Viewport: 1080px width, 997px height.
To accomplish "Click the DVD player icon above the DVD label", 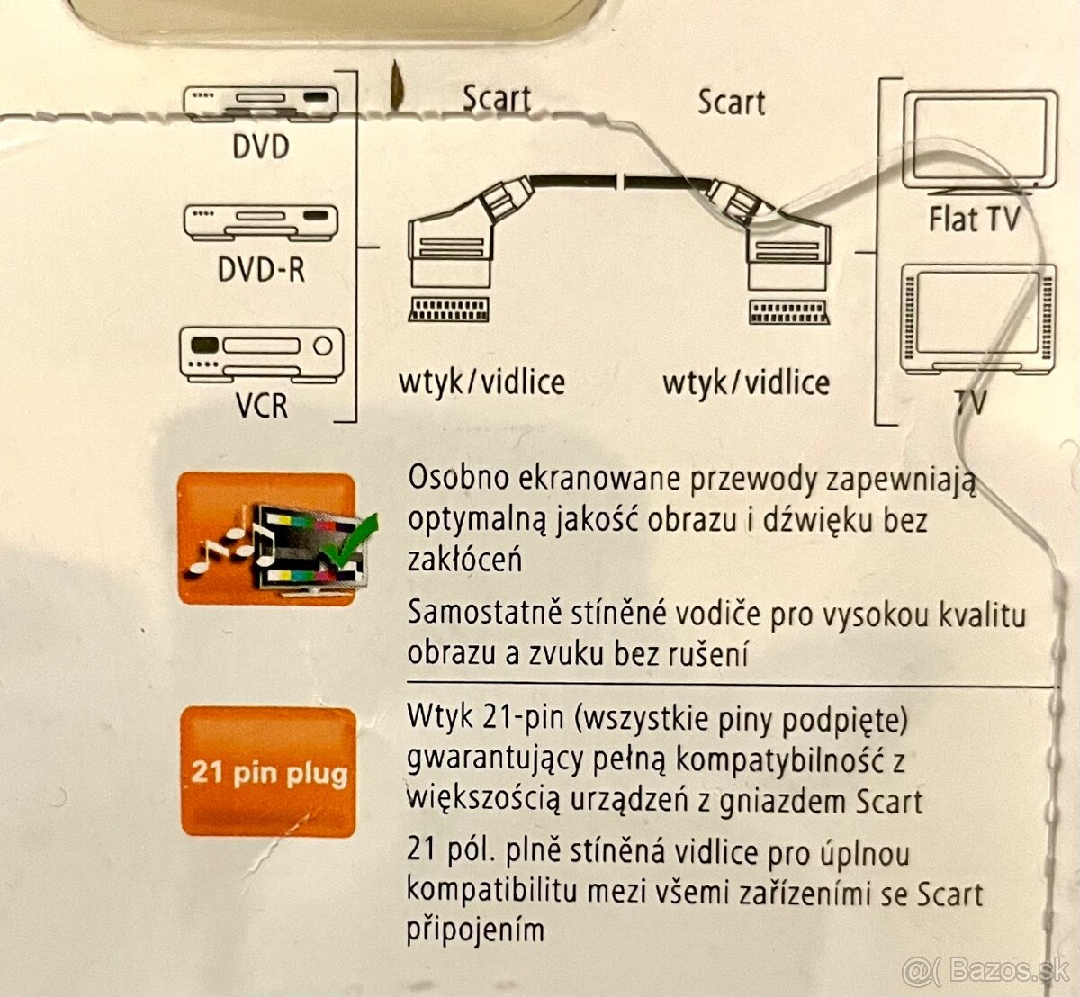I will [x=260, y=103].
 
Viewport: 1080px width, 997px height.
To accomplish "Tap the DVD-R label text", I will [x=261, y=268].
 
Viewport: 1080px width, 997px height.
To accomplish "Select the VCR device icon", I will [x=262, y=353].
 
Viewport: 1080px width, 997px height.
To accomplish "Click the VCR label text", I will [x=262, y=405].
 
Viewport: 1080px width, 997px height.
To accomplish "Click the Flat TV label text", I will [x=974, y=219].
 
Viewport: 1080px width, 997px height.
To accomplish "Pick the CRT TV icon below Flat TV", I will [x=977, y=320].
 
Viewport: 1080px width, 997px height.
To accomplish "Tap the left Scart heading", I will [x=496, y=100].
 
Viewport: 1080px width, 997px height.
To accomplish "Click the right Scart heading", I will [x=731, y=102].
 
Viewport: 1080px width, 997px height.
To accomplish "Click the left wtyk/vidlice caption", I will [x=481, y=382].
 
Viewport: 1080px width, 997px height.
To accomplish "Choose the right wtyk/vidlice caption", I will [x=745, y=382].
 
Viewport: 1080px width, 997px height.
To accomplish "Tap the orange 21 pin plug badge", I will [x=268, y=773].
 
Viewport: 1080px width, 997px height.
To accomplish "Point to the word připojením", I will [x=475, y=929].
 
